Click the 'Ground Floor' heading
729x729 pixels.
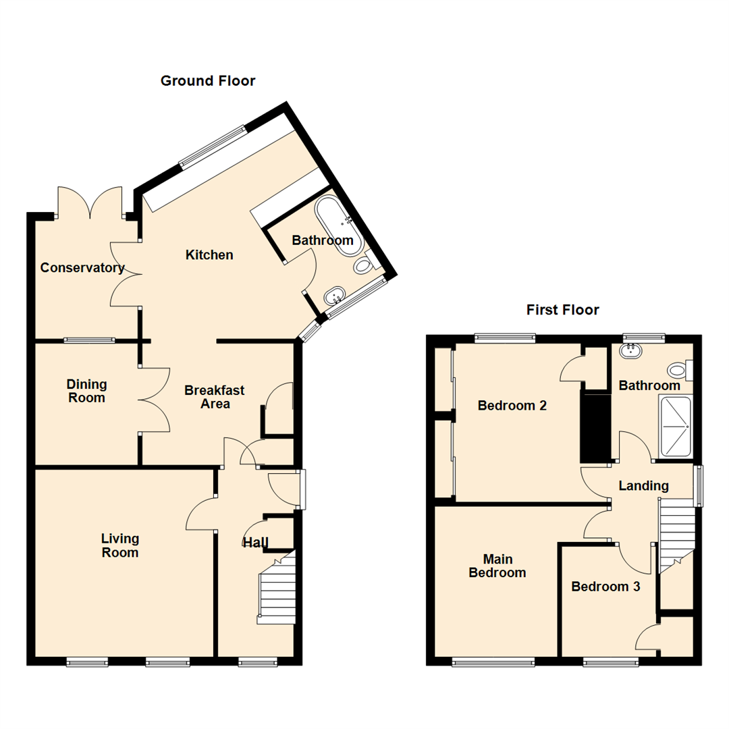coord(208,81)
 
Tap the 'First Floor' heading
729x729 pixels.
coord(563,310)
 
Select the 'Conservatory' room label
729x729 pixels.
coord(82,268)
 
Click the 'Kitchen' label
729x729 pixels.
coord(209,254)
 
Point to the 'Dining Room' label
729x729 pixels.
coord(86,391)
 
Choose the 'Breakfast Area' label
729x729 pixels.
coord(215,397)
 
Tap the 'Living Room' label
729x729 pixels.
coord(120,545)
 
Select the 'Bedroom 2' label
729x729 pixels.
coord(512,406)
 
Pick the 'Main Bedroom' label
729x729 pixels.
coord(504,566)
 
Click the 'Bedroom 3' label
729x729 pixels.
coord(605,587)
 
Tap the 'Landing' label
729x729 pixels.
coord(644,485)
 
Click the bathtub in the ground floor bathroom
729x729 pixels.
coord(339,225)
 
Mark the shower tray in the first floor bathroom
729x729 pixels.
coord(676,426)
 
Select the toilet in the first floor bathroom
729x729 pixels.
coord(677,370)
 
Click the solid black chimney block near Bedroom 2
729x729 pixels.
coord(595,428)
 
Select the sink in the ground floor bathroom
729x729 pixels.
coord(335,295)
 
